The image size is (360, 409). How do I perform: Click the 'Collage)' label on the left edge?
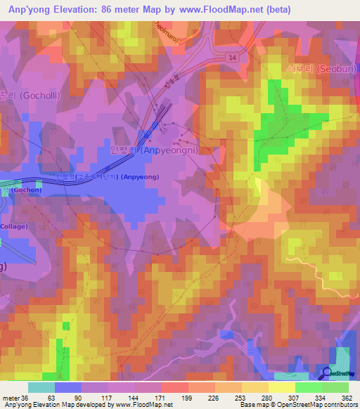(14, 226)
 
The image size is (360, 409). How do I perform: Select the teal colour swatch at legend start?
(41, 387)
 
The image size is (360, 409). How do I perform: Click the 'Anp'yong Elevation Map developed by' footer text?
(49, 405)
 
